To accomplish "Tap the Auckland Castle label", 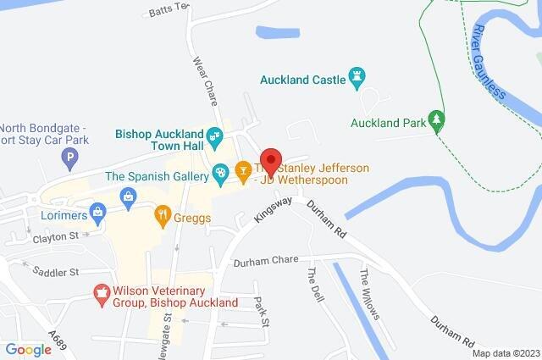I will tap(302, 80).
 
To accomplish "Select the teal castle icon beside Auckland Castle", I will tap(357, 80).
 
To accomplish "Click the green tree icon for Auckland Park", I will tap(437, 122).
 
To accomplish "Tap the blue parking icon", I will tap(70, 157).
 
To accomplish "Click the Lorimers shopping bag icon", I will tap(98, 212).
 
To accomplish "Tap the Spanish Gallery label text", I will tap(156, 176).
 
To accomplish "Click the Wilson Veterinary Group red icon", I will tap(102, 293).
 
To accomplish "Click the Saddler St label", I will tap(55, 272).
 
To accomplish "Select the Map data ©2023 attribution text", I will tap(505, 353).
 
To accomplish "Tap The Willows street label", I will tap(369, 295).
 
